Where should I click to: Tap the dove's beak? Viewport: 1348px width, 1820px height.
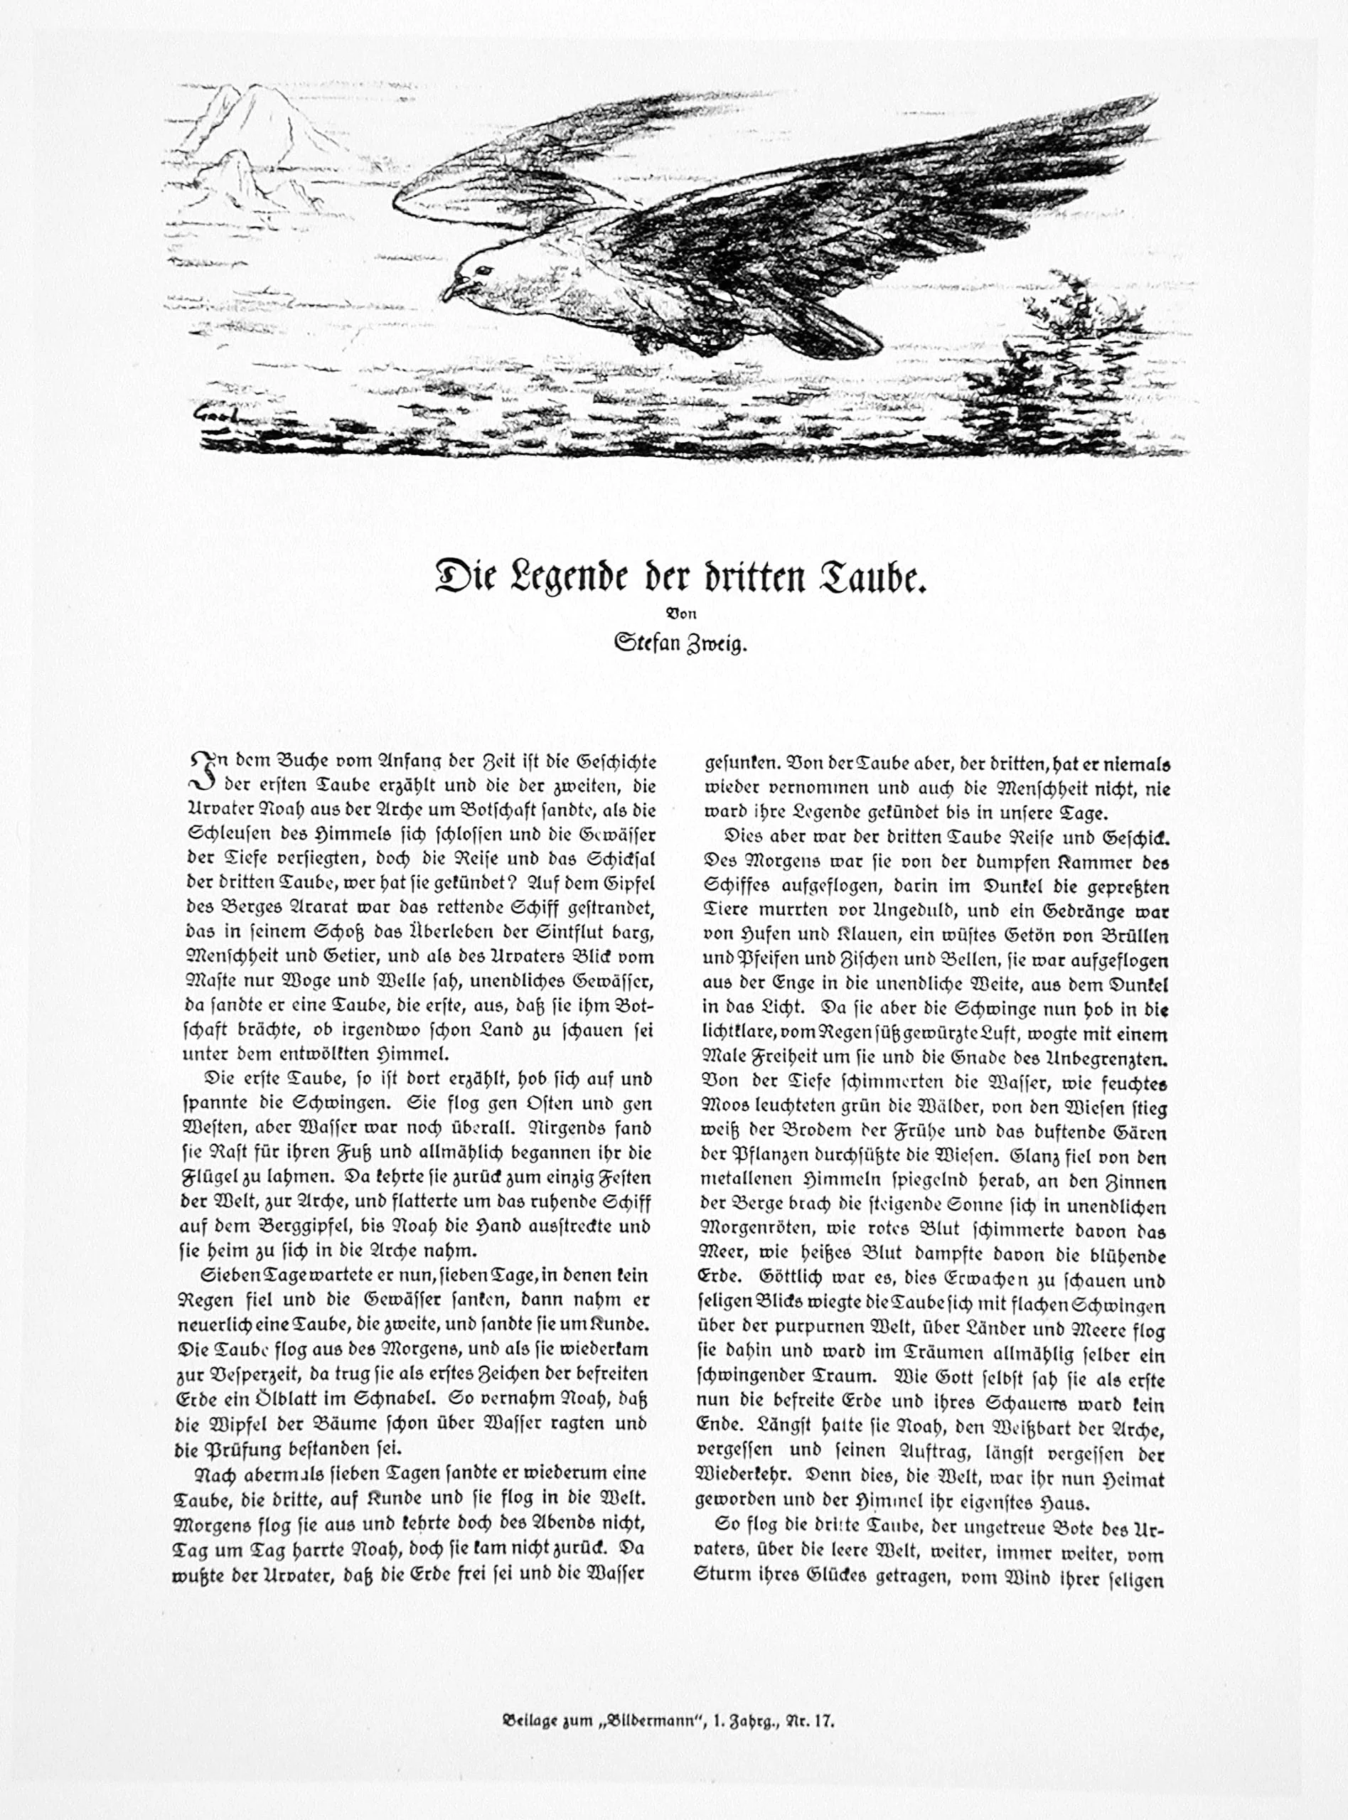pyautogui.click(x=451, y=289)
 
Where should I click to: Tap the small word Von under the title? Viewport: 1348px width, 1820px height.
pyautogui.click(x=680, y=612)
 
